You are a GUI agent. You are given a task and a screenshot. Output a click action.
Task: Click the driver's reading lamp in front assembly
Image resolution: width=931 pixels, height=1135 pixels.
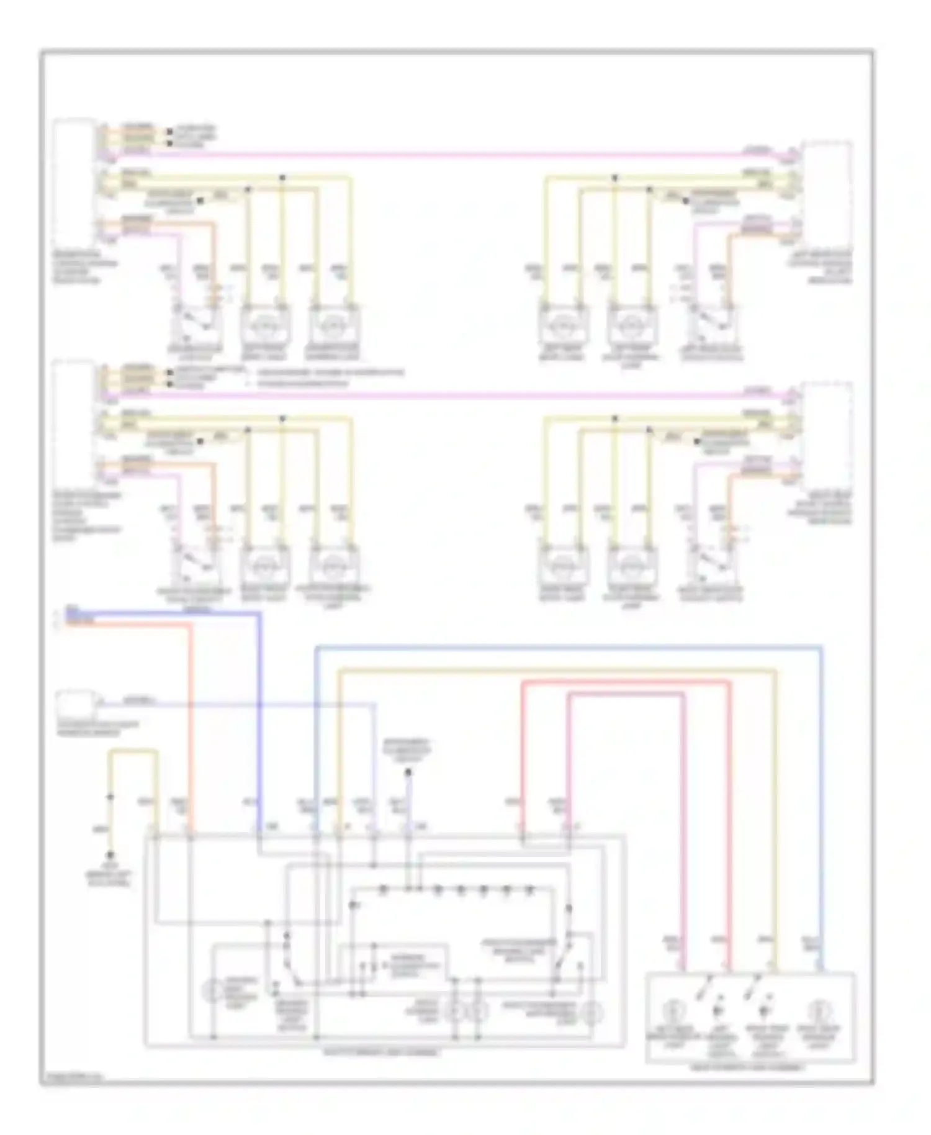pyautogui.click(x=212, y=990)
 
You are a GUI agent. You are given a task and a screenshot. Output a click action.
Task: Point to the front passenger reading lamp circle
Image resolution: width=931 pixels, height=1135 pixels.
pyautogui.click(x=591, y=1013)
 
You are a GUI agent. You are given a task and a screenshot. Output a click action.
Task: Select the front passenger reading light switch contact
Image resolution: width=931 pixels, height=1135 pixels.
pyautogui.click(x=562, y=962)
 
